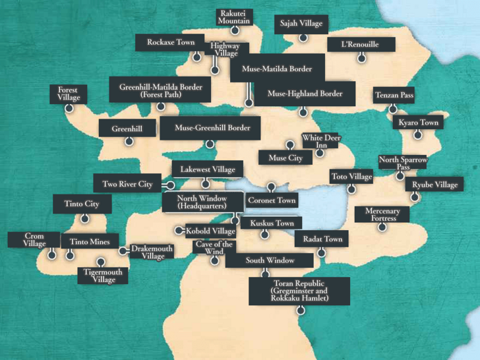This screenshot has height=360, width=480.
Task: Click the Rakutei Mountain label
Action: pos(235,17)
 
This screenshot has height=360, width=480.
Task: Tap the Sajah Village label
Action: pos(301,24)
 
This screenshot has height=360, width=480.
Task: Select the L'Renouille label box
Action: pos(360,44)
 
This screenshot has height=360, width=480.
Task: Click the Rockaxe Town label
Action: pos(171,42)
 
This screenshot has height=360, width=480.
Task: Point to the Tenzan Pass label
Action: pos(394,96)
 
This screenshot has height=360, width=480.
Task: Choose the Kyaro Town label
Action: pos(418,123)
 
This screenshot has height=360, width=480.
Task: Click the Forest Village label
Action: pos(68,94)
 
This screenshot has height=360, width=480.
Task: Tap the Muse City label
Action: pos(285,158)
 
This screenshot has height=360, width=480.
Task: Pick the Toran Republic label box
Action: pos(299,291)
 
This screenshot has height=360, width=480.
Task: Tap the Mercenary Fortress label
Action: pos(382,214)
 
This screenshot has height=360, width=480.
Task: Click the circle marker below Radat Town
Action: pos(321,253)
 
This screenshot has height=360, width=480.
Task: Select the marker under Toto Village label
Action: pos(351,190)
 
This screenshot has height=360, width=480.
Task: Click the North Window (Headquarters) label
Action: pos(202,202)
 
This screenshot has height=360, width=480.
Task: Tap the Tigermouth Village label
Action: pos(104,275)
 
